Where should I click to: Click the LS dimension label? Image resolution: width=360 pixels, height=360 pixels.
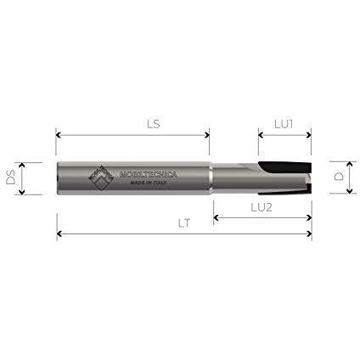tap(154, 124)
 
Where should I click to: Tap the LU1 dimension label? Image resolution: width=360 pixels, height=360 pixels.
tap(284, 124)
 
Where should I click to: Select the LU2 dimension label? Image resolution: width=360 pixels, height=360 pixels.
tap(262, 207)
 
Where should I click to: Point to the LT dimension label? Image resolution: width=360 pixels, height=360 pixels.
tap(184, 223)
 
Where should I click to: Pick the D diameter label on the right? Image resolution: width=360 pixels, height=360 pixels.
tap(339, 177)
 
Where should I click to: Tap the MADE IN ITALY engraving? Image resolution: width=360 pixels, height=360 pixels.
tap(149, 183)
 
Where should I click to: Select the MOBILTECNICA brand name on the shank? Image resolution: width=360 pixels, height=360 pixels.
tap(149, 174)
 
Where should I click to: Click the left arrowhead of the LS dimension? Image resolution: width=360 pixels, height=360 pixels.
tap(59, 135)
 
